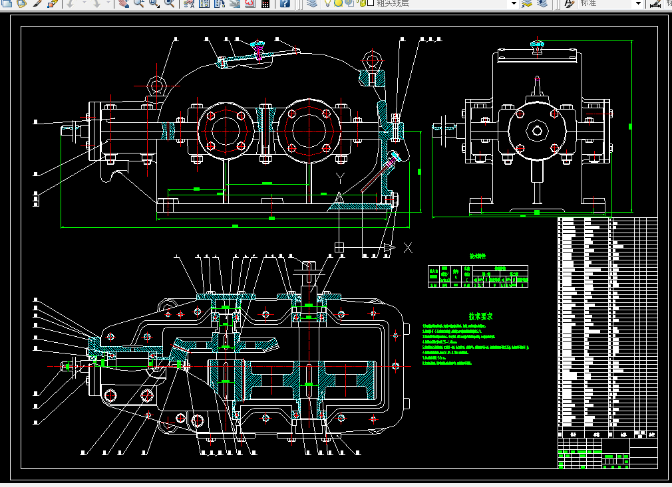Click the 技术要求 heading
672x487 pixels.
480,317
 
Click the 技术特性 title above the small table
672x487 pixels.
478,256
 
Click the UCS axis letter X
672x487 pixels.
409,248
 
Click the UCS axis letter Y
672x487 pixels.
340,177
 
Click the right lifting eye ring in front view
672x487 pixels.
370,63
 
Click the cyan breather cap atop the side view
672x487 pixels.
538,45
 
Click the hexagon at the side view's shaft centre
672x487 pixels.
537,130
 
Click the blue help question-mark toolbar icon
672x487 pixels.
285,3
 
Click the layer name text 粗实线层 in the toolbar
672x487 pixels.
393,3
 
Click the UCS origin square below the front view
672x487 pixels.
339,247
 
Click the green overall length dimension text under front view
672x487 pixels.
235,227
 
